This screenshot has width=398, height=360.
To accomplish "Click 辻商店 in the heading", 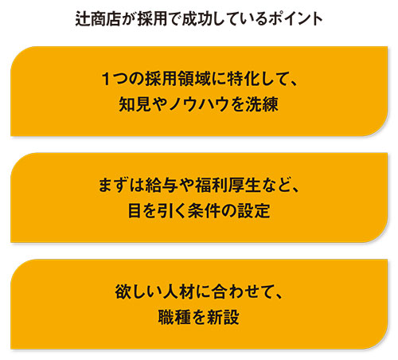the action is [x=98, y=19].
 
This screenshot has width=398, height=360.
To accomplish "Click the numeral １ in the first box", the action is [x=106, y=79].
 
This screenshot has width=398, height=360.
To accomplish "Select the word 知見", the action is [x=135, y=104].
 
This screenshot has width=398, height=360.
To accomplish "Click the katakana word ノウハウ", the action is [x=198, y=104].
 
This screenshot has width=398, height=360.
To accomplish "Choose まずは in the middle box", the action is [x=121, y=185].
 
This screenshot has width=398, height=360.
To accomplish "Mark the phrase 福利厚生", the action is [x=228, y=185].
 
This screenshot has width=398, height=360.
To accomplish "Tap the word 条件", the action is [x=204, y=211].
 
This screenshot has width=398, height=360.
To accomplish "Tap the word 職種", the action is [x=174, y=317].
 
